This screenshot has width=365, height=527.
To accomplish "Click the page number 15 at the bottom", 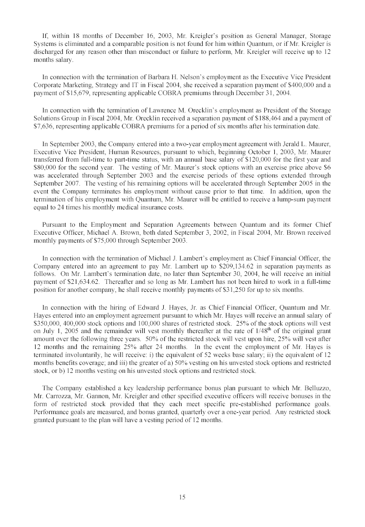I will point(182,497).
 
